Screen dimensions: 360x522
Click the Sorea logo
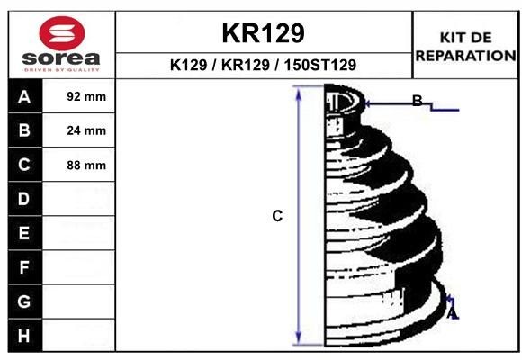[61, 43]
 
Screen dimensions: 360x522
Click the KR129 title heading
[263, 33]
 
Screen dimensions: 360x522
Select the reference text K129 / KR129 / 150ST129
[263, 65]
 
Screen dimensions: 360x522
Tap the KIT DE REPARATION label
[464, 46]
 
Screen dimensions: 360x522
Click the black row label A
[24, 96]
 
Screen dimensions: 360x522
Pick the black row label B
[24, 130]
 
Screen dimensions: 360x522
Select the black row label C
[24, 165]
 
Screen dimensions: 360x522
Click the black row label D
[24, 198]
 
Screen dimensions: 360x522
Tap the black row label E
[24, 232]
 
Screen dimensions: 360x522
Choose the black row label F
[24, 266]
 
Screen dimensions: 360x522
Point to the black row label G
[24, 301]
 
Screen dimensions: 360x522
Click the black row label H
[24, 335]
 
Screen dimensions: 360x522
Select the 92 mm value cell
[86, 96]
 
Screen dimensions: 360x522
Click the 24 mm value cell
[86, 130]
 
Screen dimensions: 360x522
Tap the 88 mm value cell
[86, 165]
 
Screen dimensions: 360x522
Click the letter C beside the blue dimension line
[277, 216]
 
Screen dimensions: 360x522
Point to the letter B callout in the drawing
[417, 101]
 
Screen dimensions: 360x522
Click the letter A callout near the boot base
[453, 312]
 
